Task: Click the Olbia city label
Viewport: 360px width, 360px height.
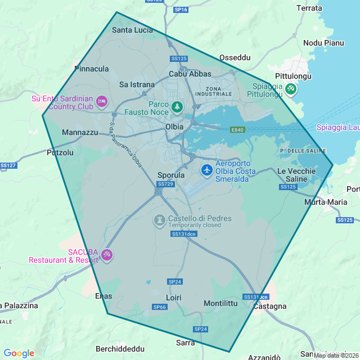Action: coord(174,127)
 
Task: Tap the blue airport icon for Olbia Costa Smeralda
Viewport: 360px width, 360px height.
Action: coord(206,169)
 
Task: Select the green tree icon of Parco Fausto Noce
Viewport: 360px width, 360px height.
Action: coord(177,106)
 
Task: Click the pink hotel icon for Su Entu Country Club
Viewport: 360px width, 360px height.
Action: coord(102,101)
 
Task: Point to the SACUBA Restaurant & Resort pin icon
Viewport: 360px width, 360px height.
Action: coord(107,255)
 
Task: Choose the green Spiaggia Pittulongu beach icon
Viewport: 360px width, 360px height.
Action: coord(290,88)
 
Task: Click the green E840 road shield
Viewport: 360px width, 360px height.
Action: coord(237,130)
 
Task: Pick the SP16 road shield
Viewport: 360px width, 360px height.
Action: coord(181,10)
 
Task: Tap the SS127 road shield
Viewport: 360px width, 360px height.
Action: coord(8,165)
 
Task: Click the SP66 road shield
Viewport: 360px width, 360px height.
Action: coord(159,307)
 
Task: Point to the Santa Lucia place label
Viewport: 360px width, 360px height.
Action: coord(132,30)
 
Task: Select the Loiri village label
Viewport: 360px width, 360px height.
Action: coord(173,296)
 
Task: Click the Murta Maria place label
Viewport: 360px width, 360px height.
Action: coord(325,202)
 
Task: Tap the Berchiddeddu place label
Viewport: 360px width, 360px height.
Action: coord(120,349)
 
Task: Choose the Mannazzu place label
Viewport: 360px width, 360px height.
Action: coord(80,133)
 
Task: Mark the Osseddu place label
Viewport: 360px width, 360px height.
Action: coord(235,57)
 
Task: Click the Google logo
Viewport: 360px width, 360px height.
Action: coord(19,353)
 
